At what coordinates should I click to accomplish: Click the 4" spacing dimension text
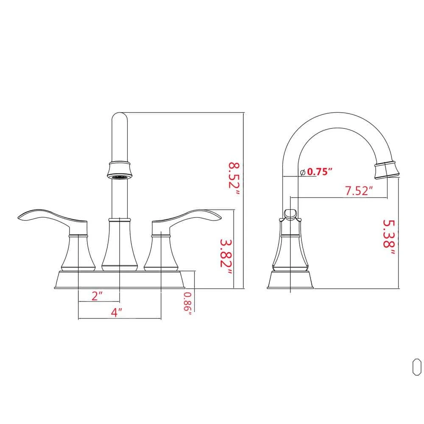[117, 312]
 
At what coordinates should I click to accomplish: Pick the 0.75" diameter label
[319, 172]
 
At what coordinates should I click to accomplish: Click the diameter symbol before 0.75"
[303, 172]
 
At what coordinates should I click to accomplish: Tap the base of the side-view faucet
[290, 280]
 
